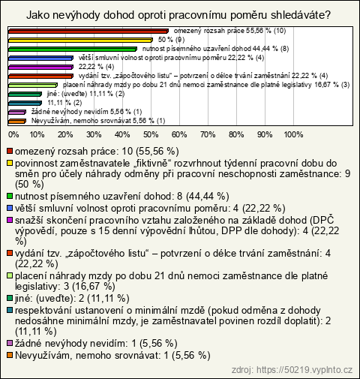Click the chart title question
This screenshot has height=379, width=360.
tap(178, 15)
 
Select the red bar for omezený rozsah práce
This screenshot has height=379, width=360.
tap(88, 31)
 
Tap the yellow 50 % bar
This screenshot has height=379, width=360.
tap(80, 40)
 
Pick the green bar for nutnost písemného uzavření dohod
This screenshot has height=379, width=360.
tap(73, 49)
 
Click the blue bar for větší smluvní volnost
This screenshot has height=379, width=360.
tap(40, 58)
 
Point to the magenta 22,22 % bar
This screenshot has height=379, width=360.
tap(40, 67)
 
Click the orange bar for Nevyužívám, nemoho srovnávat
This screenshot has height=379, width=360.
tap(17, 122)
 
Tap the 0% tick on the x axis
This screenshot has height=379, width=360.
tap(13, 134)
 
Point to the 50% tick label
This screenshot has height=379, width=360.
tap(151, 134)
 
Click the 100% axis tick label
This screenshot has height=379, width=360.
tap(293, 134)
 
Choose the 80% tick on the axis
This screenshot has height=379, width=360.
tap(236, 134)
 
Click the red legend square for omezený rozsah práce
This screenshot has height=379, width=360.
tap(10, 152)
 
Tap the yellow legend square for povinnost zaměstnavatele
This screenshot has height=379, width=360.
tap(10, 164)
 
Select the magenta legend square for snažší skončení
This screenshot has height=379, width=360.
tap(10, 221)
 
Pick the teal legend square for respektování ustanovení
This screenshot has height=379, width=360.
tap(10, 311)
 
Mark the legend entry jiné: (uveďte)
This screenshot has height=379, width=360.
tap(72, 298)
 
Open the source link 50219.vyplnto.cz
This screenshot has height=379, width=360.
tap(292, 370)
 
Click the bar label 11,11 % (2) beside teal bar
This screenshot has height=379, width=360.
tap(64, 103)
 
